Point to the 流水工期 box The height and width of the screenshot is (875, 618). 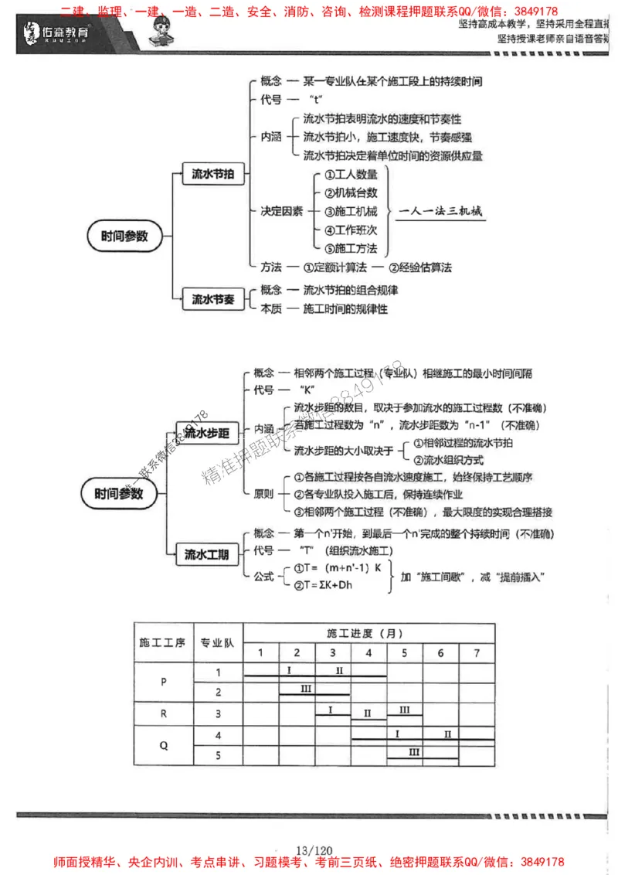click(x=207, y=553)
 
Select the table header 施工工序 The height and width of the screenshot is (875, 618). click(x=162, y=642)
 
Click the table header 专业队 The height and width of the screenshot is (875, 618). click(x=219, y=642)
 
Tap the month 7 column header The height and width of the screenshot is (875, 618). click(x=477, y=653)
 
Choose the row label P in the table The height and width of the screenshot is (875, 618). click(x=163, y=683)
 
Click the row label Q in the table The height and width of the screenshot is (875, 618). click(x=163, y=746)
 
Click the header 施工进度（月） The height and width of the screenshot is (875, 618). click(x=368, y=633)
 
